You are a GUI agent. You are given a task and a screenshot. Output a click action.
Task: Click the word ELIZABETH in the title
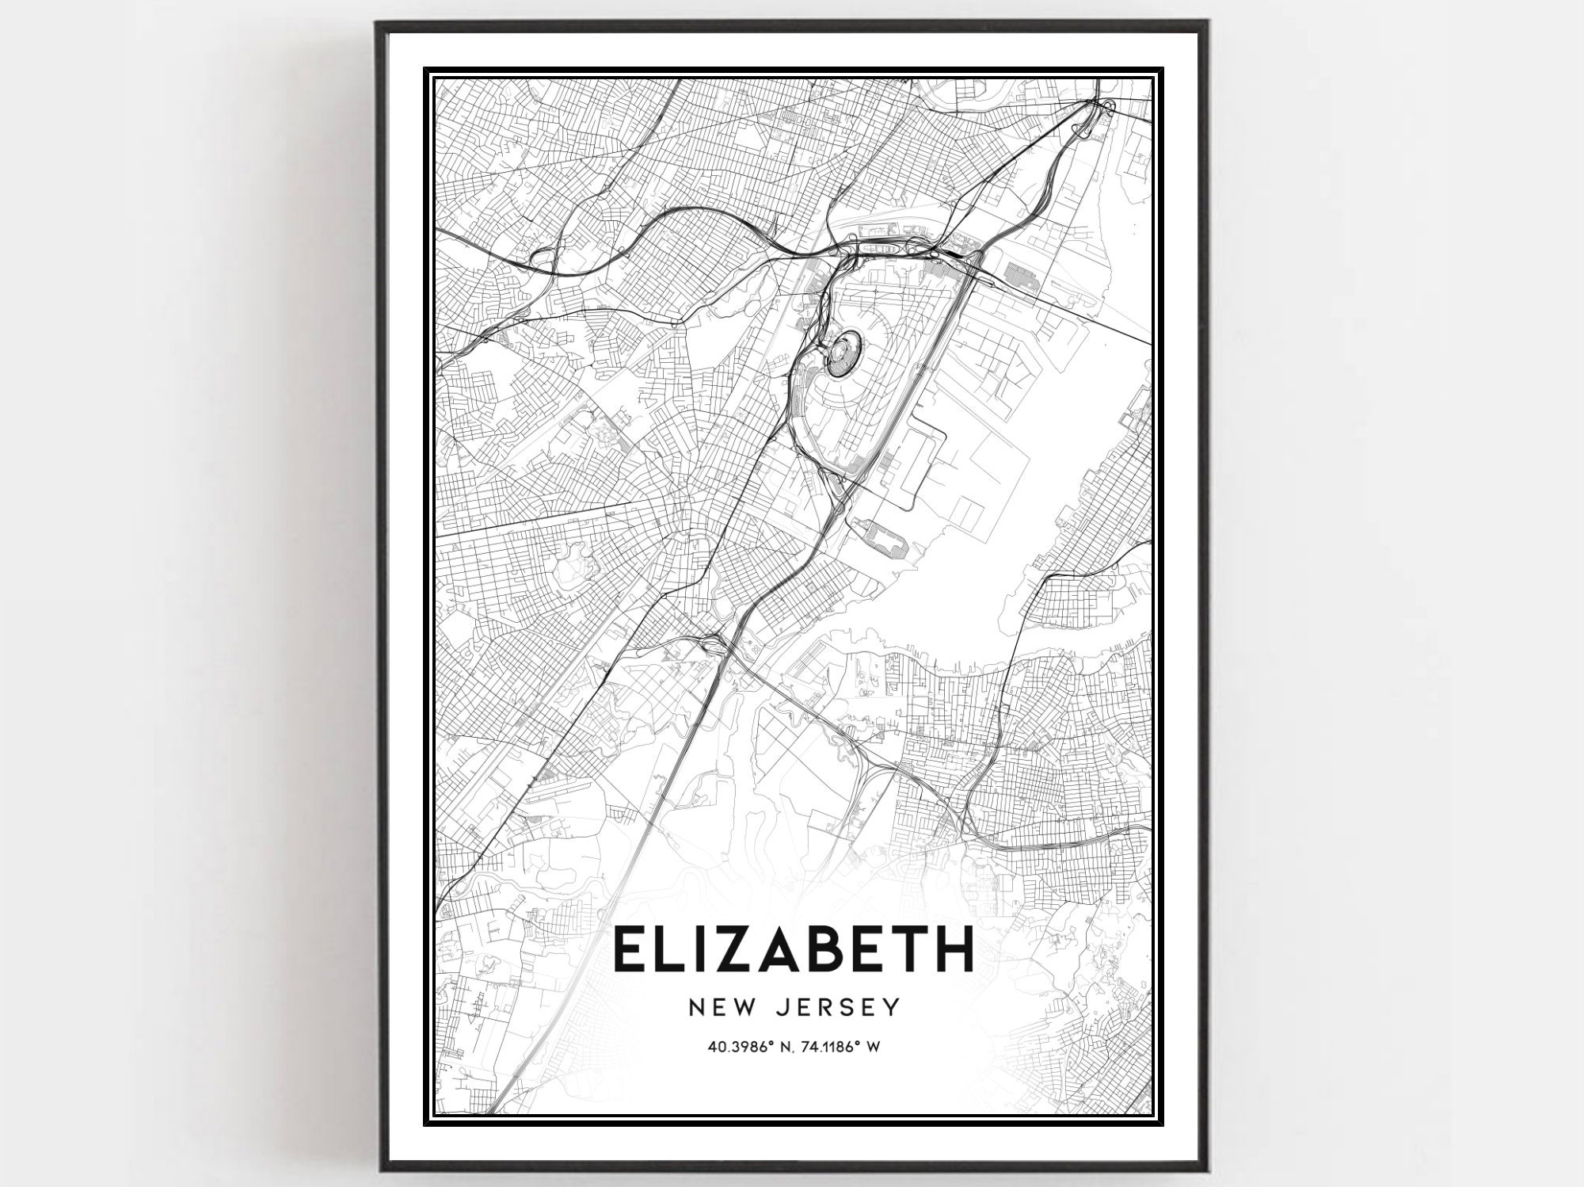click(791, 950)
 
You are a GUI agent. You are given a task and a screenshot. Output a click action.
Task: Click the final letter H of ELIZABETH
click(950, 950)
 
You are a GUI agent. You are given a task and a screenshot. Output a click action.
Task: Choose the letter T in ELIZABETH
click(900, 950)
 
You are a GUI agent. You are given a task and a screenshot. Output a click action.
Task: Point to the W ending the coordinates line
click(874, 1047)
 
